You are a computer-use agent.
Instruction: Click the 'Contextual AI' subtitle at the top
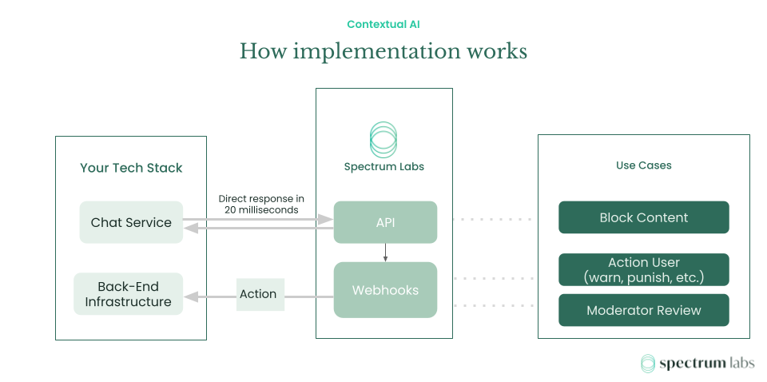coord(383,24)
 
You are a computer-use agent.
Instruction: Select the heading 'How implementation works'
coord(383,51)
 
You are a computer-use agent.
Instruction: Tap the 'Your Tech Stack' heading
coord(131,168)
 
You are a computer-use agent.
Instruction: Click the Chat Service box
coord(131,222)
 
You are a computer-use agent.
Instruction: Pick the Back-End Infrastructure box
coord(128,294)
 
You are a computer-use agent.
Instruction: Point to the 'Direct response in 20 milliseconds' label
coord(261,204)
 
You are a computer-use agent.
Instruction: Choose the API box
coord(385,222)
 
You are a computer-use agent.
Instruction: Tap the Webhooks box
coord(385,290)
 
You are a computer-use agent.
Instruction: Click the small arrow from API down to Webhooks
coord(385,253)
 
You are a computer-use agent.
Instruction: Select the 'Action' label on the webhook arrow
coord(258,294)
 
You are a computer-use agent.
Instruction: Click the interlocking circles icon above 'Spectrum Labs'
coord(383,140)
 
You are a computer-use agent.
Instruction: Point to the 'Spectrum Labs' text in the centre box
coord(383,167)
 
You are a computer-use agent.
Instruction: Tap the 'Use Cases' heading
coord(643,165)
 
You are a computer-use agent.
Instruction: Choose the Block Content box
coord(643,217)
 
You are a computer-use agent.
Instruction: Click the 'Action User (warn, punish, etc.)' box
coord(643,270)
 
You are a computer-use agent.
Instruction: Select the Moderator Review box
coord(643,310)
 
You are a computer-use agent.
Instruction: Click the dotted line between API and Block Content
coord(492,218)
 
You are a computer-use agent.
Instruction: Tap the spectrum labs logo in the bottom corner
coord(697,364)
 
